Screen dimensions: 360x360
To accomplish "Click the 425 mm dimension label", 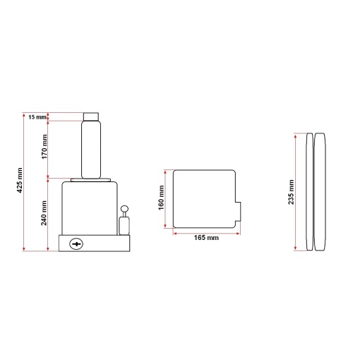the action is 20,180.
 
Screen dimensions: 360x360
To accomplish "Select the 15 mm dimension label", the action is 37,116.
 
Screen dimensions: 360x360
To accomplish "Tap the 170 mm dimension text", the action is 44,147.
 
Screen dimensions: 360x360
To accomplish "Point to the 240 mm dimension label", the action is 44,213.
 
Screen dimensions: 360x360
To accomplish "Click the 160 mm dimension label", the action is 161,198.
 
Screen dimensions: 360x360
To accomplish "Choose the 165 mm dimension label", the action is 206,238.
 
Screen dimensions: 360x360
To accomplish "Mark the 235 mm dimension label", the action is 292,192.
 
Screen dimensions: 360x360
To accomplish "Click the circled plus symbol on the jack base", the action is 76,244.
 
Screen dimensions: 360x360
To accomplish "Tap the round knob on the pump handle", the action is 124,209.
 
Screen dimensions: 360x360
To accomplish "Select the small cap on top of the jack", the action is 91,116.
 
